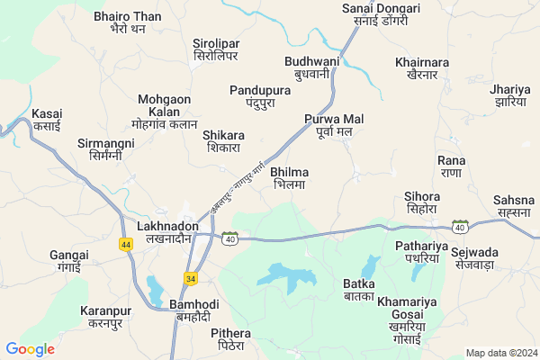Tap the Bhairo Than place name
(128, 22)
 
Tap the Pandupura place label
(259, 97)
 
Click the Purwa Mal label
(333, 125)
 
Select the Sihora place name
(422, 202)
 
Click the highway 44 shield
(125, 244)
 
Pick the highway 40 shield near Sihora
(460, 226)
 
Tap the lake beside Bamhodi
(155, 290)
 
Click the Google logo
(30, 349)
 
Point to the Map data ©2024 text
(499, 352)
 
